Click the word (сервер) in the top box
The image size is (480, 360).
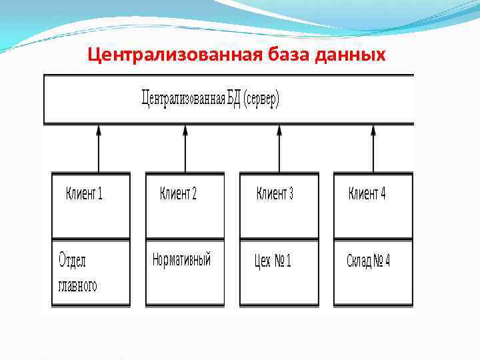click(x=261, y=101)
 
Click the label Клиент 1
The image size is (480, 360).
click(x=84, y=194)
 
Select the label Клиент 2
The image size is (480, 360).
click(x=178, y=194)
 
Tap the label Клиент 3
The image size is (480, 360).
click(x=275, y=194)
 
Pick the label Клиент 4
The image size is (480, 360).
click(x=367, y=194)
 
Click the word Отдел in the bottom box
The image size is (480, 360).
click(x=73, y=260)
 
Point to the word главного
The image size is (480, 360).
click(x=78, y=285)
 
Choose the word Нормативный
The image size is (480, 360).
click(x=181, y=259)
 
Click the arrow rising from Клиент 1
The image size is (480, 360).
click(x=99, y=150)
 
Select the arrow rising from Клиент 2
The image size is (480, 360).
click(x=185, y=150)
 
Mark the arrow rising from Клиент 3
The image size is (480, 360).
click(x=279, y=150)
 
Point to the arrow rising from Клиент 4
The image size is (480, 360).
click(x=373, y=150)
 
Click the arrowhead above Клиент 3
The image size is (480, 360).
click(x=279, y=130)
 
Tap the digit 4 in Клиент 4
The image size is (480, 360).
click(x=383, y=194)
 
